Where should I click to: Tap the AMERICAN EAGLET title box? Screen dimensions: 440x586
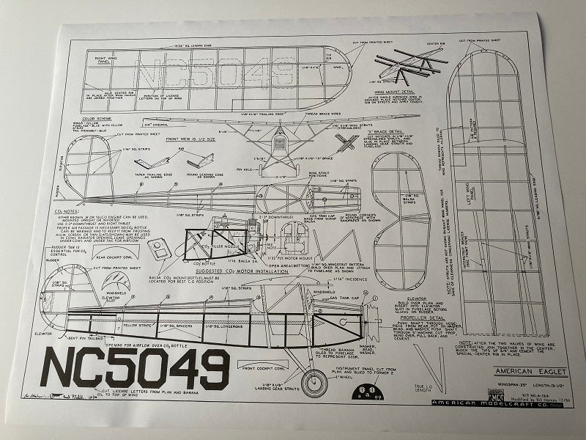click(x=497, y=373)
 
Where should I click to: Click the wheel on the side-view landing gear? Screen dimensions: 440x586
click(x=314, y=382)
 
